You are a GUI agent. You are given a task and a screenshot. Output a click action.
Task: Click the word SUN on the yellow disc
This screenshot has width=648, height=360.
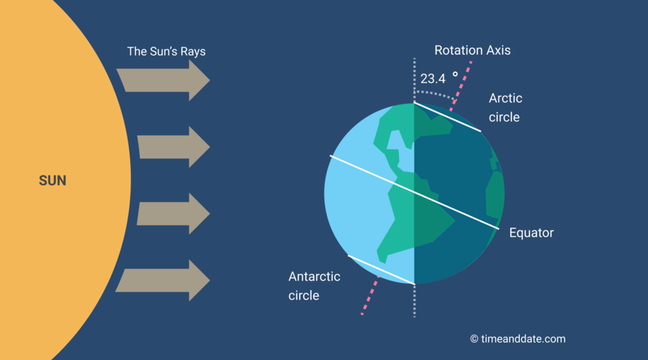pyautogui.click(x=53, y=180)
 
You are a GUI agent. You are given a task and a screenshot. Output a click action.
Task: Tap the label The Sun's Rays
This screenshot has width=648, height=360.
pyautogui.click(x=171, y=52)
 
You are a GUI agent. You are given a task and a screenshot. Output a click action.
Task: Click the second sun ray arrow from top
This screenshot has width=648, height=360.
pyautogui.click(x=173, y=147)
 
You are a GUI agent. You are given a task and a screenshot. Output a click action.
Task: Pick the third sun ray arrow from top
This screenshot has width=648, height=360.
pyautogui.click(x=173, y=214)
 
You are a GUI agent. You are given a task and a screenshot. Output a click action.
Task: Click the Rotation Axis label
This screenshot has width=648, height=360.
pyautogui.click(x=472, y=50)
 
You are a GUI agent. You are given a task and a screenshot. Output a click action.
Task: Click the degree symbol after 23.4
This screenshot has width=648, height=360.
pyautogui.click(x=455, y=74)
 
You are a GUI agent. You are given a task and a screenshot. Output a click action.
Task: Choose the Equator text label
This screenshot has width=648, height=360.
pyautogui.click(x=531, y=233)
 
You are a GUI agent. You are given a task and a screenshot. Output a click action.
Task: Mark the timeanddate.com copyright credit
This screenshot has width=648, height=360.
pyautogui.click(x=518, y=338)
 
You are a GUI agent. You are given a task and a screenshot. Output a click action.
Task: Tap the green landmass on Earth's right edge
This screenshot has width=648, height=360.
pyautogui.click(x=495, y=194)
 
